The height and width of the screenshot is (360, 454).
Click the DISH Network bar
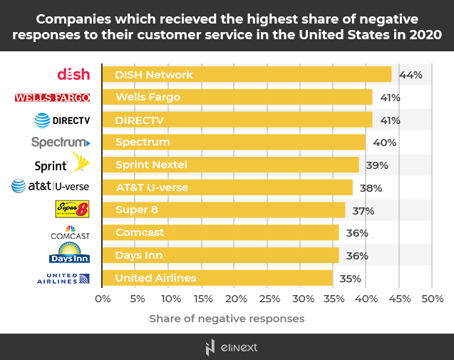[247, 74]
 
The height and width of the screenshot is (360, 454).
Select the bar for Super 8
[224, 210]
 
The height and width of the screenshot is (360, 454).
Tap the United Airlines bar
[217, 277]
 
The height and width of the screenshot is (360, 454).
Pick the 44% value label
[411, 74]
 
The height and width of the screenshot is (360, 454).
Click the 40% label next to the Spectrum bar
[385, 142]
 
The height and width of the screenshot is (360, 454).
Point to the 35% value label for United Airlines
[350, 278]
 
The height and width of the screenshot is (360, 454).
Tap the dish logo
[73, 74]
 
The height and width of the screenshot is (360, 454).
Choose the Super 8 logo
[72, 209]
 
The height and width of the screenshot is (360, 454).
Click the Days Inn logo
[69, 253]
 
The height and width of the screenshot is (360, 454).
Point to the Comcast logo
[69, 232]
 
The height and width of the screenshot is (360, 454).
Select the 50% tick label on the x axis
[433, 298]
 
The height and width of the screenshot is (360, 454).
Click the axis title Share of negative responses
[227, 318]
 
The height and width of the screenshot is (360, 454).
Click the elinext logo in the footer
[227, 347]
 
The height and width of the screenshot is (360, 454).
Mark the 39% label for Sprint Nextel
[376, 165]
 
